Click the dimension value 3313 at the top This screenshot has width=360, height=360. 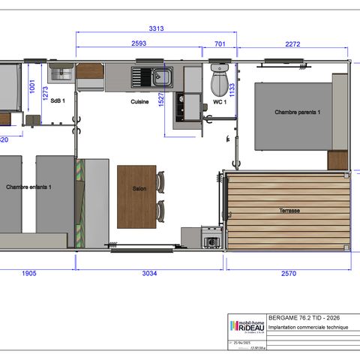[x=156, y=28]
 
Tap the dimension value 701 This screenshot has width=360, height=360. [x=219, y=43]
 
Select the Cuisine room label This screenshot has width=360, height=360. [x=139, y=101]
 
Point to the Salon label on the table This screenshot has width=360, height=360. [x=138, y=189]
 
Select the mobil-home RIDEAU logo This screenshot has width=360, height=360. [x=246, y=325]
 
